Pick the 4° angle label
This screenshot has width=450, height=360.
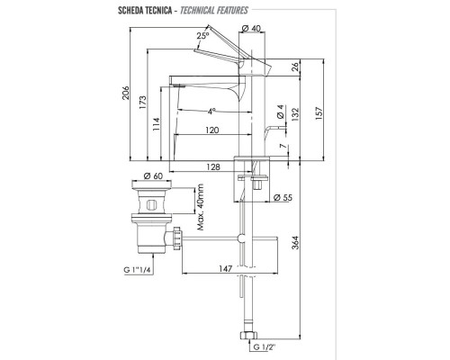click(210, 112)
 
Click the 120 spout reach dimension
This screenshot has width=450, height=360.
click(211, 130)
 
